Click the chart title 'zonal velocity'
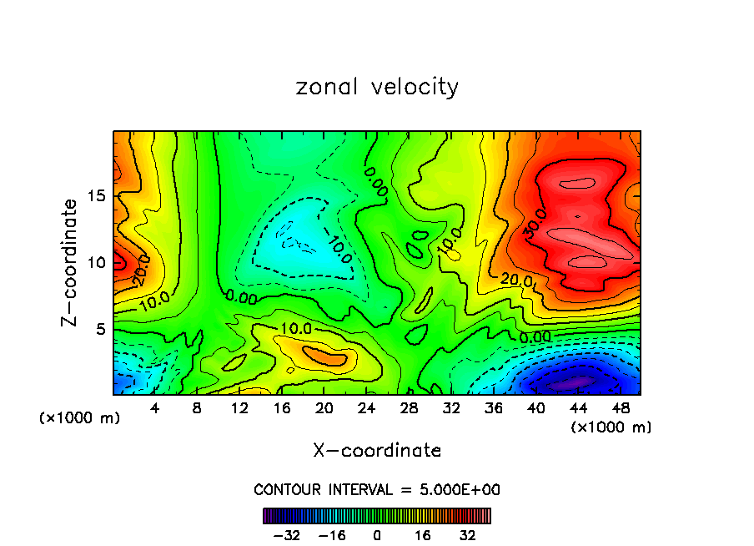[x=377, y=88]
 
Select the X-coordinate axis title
[x=377, y=451]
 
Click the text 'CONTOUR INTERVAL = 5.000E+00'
[x=377, y=489]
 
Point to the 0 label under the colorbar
[x=377, y=535]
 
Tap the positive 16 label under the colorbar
[x=423, y=535]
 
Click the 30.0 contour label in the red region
[x=536, y=225]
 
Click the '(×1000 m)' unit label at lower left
[x=80, y=418]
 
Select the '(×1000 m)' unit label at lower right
[x=611, y=427]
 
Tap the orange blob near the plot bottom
[x=324, y=356]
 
